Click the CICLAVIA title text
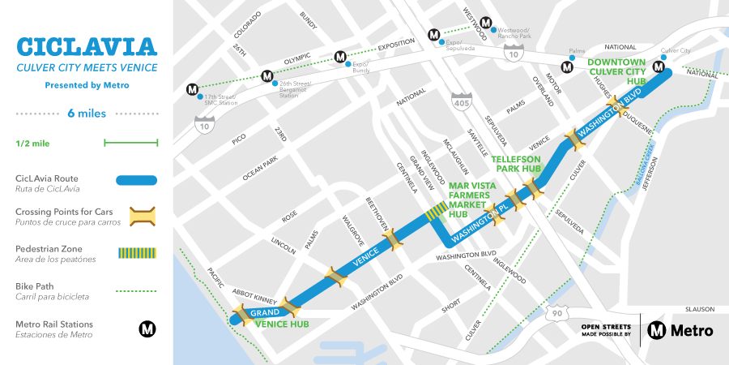pyautogui.click(x=87, y=45)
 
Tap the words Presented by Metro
pyautogui.click(x=87, y=84)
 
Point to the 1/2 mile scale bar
pyautogui.click(x=130, y=144)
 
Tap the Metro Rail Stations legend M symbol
pyautogui.click(x=147, y=328)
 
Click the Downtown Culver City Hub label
pyautogui.click(x=616, y=72)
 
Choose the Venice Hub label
pyautogui.click(x=281, y=324)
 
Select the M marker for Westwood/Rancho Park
pyautogui.click(x=486, y=23)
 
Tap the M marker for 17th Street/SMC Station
pyautogui.click(x=192, y=88)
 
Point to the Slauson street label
pyautogui.click(x=698, y=308)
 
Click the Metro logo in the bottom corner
pyautogui.click(x=680, y=329)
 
